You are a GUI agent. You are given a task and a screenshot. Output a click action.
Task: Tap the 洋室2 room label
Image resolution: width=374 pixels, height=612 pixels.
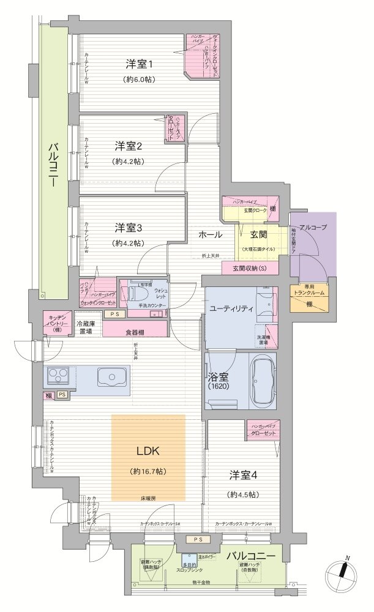[129, 146]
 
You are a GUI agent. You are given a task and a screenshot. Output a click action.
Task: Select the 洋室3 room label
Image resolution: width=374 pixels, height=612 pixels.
[129, 228]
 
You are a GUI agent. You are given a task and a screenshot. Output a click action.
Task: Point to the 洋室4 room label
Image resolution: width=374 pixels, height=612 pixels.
[243, 475]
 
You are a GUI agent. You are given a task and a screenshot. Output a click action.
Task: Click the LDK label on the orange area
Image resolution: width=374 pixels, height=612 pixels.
[148, 452]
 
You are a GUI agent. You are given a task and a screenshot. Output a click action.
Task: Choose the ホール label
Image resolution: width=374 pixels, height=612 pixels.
[210, 234]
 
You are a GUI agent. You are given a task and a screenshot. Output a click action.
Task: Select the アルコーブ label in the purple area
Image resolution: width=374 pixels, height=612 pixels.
[313, 227]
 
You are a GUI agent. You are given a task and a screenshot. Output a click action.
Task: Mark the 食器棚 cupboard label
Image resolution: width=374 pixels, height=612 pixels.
[136, 332]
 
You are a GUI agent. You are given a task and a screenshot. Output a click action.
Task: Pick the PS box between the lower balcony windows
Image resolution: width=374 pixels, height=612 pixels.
[197, 539]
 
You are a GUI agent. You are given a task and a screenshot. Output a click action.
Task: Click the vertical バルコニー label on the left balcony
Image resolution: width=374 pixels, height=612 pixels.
[53, 165]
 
